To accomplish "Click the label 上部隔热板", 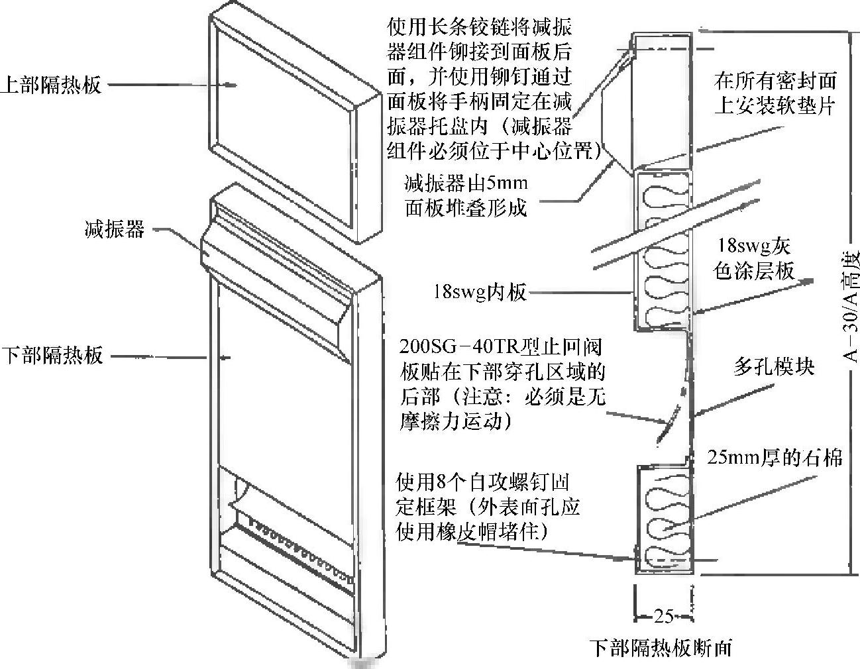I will (51, 85).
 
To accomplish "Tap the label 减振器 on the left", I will (114, 230).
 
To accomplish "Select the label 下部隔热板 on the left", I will (52, 356).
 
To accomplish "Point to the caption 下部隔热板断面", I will (661, 646).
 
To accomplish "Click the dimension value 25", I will (663, 616).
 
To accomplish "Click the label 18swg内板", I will (480, 291).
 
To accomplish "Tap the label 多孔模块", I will (773, 367).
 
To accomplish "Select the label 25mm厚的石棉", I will (775, 457).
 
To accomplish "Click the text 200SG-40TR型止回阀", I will (501, 348).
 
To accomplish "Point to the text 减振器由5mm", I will (466, 181).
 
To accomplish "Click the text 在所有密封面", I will (775, 81).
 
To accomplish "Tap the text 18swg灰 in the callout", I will (755, 246).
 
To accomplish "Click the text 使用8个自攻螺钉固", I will (482, 481).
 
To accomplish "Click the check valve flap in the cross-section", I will (667, 424).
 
